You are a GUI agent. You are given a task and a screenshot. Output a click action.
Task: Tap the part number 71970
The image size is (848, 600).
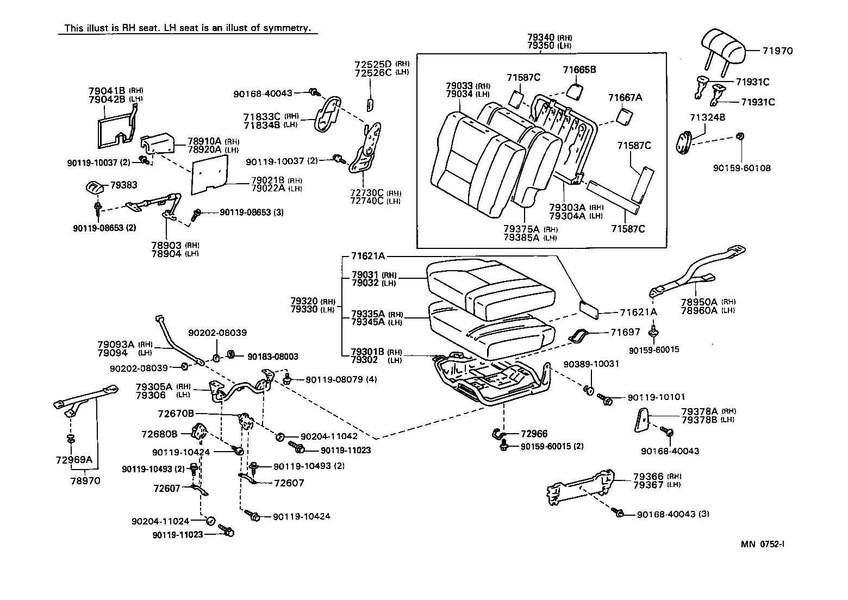[x=777, y=51]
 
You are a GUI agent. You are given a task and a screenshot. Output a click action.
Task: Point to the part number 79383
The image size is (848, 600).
[x=124, y=185]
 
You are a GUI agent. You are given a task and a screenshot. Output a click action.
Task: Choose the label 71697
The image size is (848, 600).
[x=625, y=332]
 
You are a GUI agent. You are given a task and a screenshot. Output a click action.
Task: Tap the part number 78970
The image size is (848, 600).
[x=85, y=480]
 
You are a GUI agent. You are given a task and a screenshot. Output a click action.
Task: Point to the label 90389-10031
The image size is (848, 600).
[x=591, y=364]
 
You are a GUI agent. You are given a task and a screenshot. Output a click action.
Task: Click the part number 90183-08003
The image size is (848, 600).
[x=272, y=357]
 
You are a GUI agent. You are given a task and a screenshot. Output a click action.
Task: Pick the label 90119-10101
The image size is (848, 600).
[x=656, y=398]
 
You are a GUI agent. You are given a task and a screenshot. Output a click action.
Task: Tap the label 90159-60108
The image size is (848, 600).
[x=741, y=168]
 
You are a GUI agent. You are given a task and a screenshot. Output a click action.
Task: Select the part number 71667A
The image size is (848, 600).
[x=625, y=97]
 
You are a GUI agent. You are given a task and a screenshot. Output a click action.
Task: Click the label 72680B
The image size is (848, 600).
[x=159, y=434]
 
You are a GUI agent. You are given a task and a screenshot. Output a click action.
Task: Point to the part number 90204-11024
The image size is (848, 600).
[x=160, y=521]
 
